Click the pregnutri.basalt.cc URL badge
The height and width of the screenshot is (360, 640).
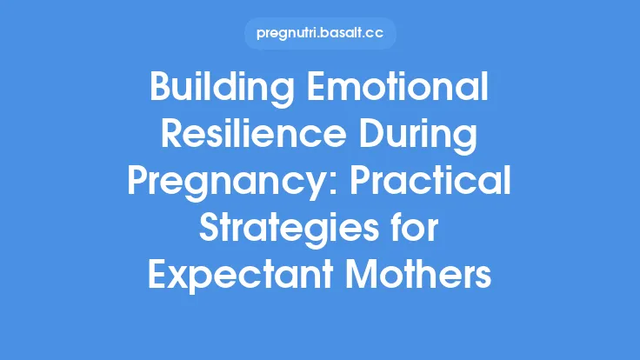pyautogui.click(x=320, y=33)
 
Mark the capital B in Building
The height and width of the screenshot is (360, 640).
pyautogui.click(x=161, y=90)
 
